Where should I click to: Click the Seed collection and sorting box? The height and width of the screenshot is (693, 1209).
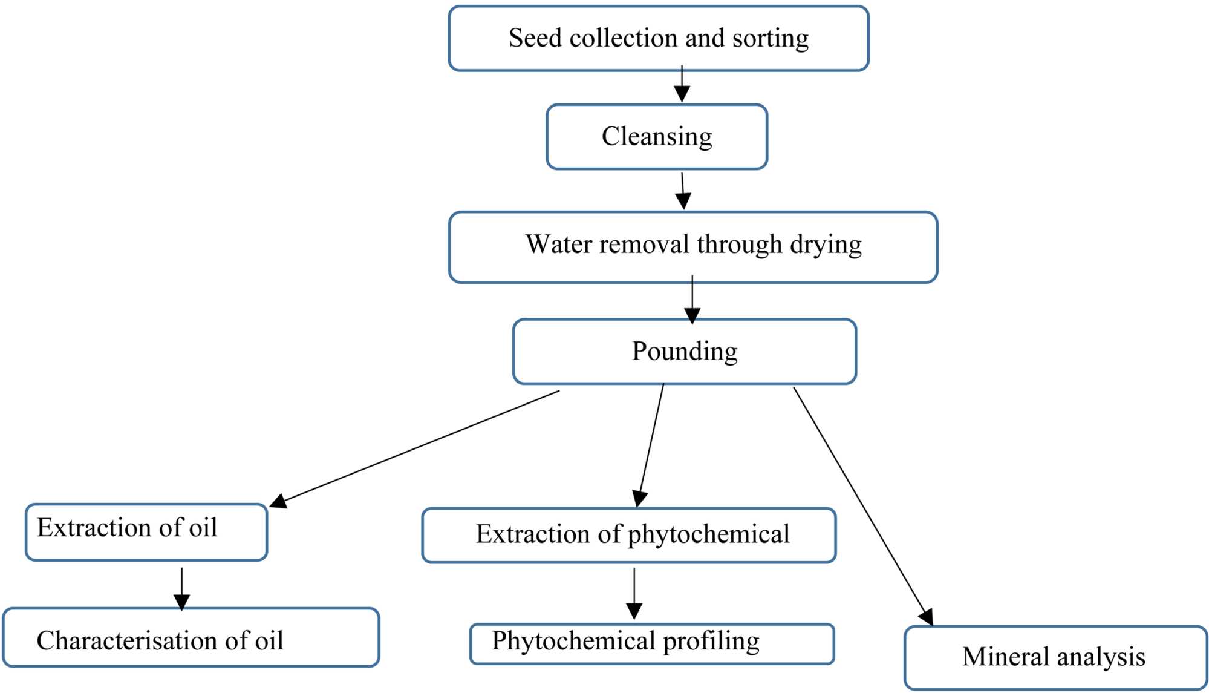[x=658, y=38]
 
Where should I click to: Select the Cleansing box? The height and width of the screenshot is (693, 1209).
[x=657, y=137]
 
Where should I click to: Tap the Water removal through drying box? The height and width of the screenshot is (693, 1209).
[x=693, y=246]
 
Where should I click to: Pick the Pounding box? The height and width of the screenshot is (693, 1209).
[x=684, y=351]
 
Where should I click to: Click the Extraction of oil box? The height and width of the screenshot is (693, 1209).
[x=146, y=531]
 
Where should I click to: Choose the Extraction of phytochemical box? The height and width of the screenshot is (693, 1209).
[x=629, y=535]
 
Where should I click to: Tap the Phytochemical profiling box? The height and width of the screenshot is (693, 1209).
[x=652, y=643]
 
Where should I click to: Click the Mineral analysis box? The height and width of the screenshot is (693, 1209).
[x=1055, y=657]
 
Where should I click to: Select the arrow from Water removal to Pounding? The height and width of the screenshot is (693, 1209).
[x=692, y=300]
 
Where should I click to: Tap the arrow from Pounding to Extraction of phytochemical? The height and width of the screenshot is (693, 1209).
[x=651, y=445]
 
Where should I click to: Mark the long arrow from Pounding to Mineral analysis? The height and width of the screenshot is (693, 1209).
[x=862, y=505]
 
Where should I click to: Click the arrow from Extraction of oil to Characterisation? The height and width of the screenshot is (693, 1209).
[x=181, y=588]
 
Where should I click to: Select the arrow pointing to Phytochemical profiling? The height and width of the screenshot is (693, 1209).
[x=634, y=593]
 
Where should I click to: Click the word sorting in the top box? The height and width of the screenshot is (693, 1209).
[x=770, y=38]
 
